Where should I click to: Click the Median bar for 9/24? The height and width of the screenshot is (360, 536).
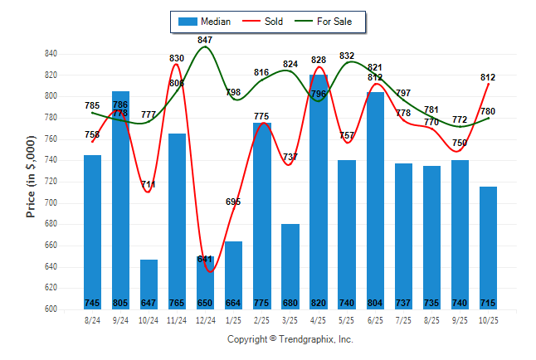pos(120,199)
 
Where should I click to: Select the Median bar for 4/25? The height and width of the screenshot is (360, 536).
pos(319,192)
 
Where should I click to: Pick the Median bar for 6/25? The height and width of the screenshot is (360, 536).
pos(375,200)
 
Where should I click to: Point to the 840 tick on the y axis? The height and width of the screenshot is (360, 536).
pos(51,54)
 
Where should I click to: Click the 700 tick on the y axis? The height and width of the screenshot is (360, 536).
pos(51,202)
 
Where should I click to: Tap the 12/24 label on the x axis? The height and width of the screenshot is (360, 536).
pos(206,320)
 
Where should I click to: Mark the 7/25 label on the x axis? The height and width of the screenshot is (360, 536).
pos(403,320)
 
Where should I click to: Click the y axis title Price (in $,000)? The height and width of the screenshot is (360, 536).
pos(31,178)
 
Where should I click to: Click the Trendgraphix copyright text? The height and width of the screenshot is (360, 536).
pos(290,339)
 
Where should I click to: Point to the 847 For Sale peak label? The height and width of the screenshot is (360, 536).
pos(205,40)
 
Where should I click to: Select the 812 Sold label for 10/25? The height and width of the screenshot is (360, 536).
pos(488,77)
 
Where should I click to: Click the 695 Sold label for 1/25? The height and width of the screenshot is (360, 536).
pos(233,202)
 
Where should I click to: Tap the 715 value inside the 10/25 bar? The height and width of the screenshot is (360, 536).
pos(488,303)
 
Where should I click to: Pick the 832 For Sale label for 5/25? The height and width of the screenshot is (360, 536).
pos(347,56)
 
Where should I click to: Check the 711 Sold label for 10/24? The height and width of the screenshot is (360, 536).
pos(149,184)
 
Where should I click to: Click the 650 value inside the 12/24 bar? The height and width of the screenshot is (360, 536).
pos(205,303)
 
